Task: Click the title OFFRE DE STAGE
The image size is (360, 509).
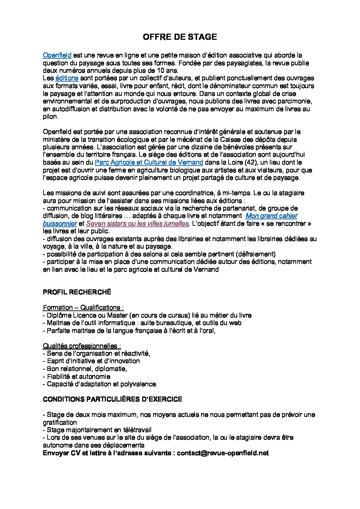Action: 180,37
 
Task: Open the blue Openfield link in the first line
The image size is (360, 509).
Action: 57,55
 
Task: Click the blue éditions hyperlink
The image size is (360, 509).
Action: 67,78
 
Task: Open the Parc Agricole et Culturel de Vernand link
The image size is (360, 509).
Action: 149,163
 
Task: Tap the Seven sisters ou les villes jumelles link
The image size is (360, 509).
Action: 137,224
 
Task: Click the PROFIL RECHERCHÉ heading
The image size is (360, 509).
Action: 77,292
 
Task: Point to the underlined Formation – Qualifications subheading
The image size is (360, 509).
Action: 83,308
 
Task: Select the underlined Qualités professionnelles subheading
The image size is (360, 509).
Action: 82,346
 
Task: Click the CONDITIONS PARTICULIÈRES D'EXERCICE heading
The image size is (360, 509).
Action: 112,399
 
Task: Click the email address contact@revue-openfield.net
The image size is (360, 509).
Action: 223,453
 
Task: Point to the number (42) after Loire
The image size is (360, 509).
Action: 251,163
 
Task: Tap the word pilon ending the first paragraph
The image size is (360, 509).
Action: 50,117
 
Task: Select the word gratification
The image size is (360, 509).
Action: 60,422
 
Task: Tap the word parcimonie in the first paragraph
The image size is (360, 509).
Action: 293,101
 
